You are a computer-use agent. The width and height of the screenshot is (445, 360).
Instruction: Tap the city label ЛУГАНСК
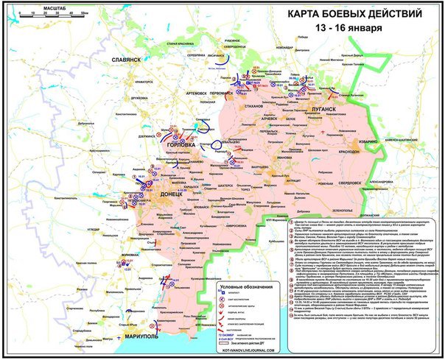pyautogui.click(x=318, y=108)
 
